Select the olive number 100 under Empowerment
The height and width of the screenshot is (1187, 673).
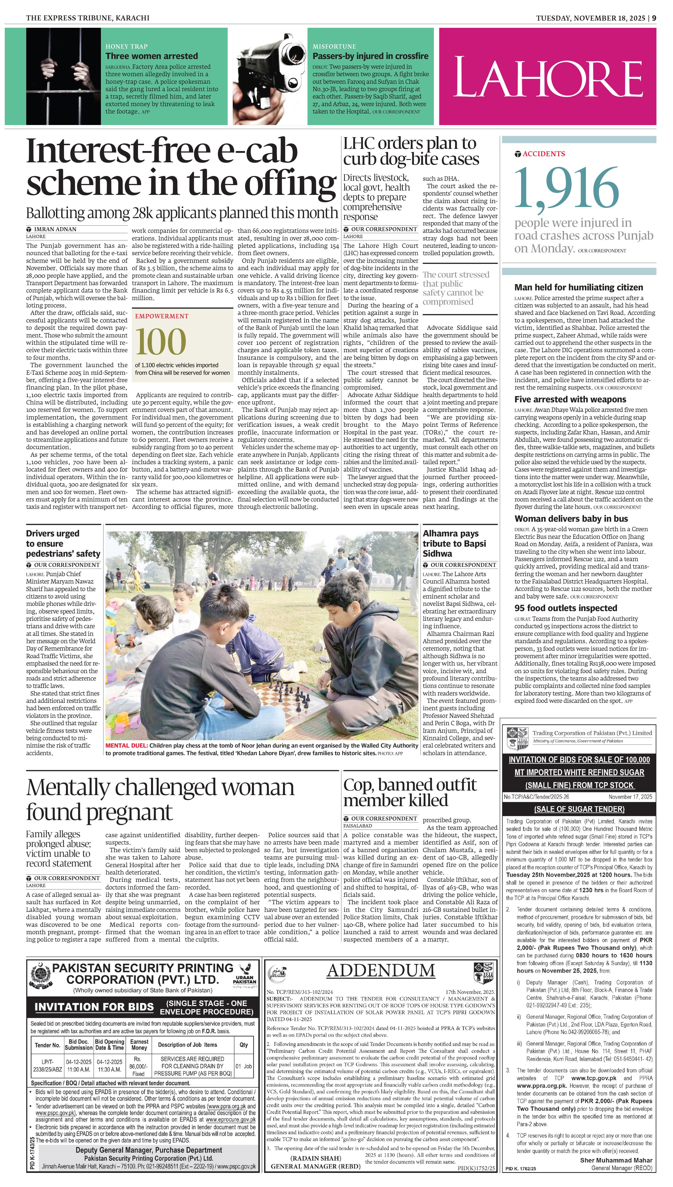(161, 342)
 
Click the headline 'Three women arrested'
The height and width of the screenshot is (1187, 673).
(152, 56)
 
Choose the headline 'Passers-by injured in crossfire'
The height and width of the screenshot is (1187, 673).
(370, 56)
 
